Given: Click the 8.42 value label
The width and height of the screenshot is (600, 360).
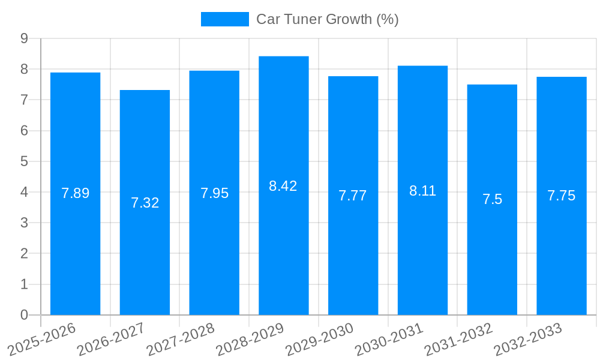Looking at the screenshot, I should pos(283,186).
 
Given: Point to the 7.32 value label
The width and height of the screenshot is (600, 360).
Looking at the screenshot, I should pos(145,203).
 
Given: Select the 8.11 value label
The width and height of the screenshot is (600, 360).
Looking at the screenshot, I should pos(422,191).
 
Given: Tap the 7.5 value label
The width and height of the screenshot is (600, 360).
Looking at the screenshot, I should pos(492,200).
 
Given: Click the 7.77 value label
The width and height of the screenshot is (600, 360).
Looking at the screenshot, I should pos(353,196).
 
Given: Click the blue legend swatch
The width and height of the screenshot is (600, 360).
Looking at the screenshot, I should pos(224,19).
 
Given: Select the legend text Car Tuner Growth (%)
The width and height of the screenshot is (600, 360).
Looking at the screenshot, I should pos(328,19).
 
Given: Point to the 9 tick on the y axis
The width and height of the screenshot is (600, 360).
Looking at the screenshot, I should pos(24,38).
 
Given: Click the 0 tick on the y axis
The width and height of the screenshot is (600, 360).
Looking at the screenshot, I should pos(24,315).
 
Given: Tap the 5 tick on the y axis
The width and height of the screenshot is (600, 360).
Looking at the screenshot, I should pos(24,161).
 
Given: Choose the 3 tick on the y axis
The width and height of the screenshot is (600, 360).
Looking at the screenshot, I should pos(24,223).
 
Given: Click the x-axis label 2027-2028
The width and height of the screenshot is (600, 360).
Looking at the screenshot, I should pos(179,339).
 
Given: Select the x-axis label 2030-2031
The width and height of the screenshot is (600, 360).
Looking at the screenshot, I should pos(388,339).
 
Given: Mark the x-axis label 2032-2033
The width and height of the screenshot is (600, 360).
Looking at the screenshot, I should pos(527,339).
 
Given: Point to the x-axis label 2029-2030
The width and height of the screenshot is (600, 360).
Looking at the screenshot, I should pos(319,339).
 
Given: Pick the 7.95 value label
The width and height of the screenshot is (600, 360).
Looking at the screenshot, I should pos(214,193).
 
